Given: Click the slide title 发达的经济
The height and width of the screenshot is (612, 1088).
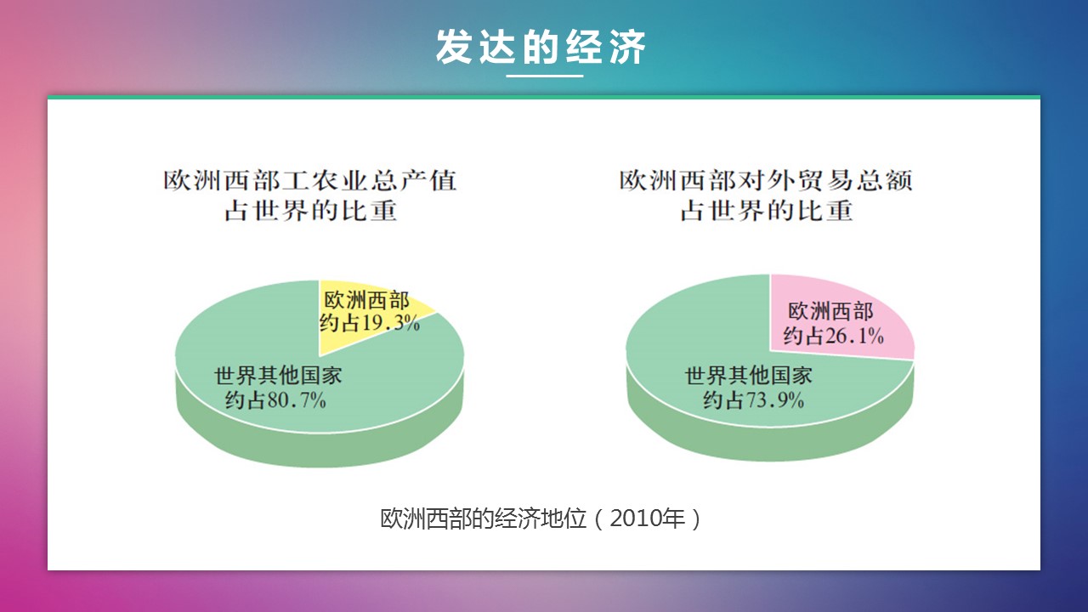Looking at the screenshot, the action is point(541,47).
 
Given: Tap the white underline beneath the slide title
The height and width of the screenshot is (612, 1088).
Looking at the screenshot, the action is point(545,76).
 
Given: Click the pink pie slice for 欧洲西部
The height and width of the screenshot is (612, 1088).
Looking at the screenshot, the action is point(836,318).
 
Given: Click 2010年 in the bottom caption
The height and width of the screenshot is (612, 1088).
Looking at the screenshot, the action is point(648,518).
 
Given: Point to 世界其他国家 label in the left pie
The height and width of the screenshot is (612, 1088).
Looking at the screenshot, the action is point(278,376).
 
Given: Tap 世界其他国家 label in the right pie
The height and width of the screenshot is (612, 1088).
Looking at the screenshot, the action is point(749,376).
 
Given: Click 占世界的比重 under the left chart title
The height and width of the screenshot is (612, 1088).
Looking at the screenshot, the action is point(310,211).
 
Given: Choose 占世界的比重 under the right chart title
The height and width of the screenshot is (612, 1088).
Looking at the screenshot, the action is point(767,211).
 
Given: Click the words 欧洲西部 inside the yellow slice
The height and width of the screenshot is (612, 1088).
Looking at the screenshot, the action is point(366,300).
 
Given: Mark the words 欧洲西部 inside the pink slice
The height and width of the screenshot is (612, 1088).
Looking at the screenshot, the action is point(830,311).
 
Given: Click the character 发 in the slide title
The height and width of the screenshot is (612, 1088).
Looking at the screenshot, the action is point(454,47).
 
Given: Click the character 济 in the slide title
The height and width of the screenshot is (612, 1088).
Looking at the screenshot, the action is point(628,47).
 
